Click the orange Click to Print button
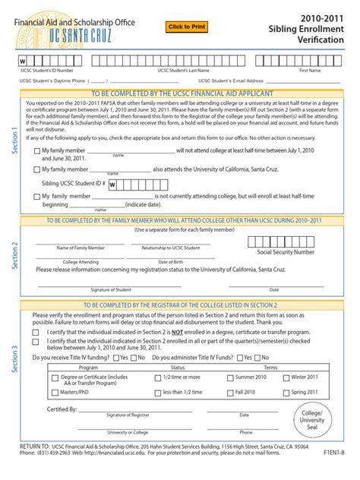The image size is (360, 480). [187, 27]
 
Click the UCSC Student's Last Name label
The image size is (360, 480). [183, 70]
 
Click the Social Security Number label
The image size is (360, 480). [286, 251]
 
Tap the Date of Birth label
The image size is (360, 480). [174, 261]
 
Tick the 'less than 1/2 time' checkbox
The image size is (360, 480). [156, 392]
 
